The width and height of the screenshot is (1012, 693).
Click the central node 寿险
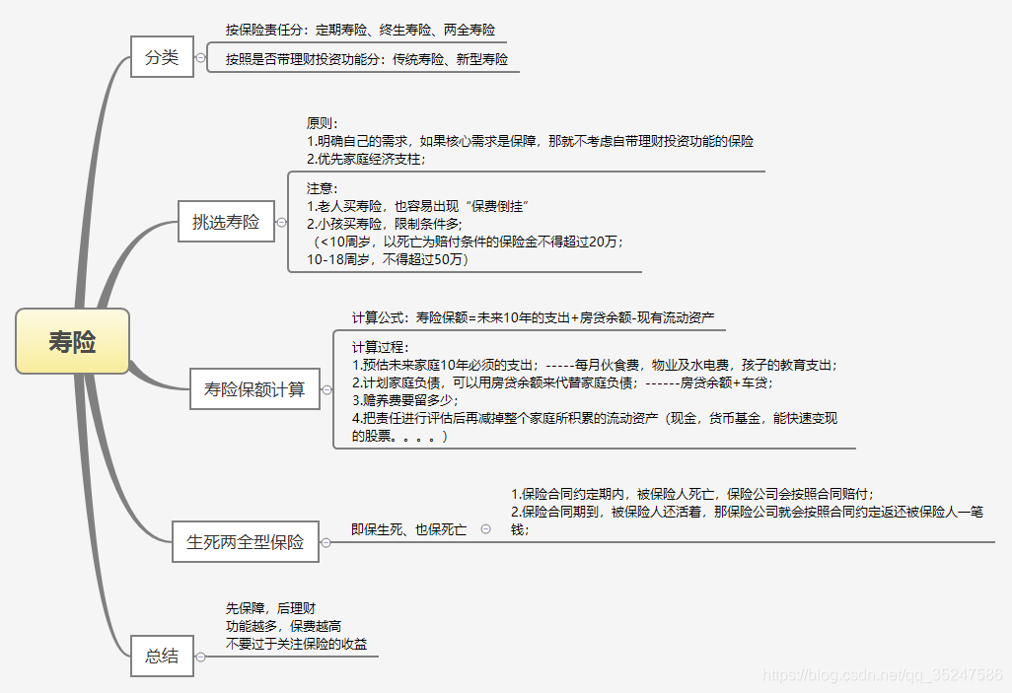72,341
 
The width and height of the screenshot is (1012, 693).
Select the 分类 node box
162,57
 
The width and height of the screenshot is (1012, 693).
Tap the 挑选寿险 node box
226,222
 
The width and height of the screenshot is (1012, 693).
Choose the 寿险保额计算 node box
254,389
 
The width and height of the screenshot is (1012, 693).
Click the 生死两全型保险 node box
246,541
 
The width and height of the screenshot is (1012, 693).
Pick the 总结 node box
162,656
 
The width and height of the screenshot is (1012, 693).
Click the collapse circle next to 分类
200,57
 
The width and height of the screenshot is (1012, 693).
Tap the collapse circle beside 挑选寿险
279,222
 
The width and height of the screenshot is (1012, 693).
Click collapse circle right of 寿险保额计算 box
326,390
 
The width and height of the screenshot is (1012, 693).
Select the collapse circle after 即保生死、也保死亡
486,529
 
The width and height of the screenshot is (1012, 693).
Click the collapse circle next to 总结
200,656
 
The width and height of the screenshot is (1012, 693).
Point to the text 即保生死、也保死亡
409,529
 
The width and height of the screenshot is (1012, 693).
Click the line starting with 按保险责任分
360,30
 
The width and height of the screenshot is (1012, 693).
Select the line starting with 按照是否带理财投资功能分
366,59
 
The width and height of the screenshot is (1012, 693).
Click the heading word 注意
323,187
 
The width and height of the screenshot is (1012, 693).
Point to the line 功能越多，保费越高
283,626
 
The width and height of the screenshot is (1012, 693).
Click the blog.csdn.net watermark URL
883,675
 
